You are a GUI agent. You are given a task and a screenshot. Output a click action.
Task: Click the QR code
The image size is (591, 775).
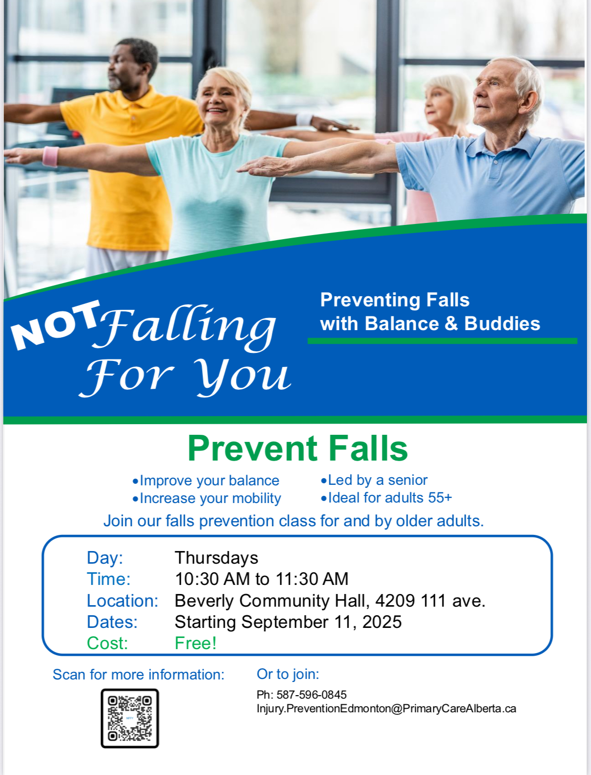(x=130, y=718)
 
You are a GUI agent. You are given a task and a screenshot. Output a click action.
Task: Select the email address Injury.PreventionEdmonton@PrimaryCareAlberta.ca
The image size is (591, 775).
(x=386, y=709)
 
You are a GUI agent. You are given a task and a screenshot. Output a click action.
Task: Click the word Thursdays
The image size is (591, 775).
(x=217, y=558)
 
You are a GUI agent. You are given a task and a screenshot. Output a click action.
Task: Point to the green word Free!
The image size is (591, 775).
(x=195, y=643)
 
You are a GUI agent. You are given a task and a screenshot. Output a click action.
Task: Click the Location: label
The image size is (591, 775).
(x=122, y=601)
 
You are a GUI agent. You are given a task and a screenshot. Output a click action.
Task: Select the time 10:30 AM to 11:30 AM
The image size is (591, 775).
(x=262, y=579)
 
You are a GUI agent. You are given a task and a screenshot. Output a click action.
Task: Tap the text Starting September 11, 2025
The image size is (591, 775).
(x=288, y=622)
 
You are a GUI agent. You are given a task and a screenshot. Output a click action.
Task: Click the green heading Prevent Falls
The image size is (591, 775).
(x=298, y=448)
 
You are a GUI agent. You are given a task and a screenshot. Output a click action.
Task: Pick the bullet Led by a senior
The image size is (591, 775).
(x=374, y=480)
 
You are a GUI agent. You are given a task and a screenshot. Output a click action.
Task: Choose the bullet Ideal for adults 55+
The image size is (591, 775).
(x=386, y=498)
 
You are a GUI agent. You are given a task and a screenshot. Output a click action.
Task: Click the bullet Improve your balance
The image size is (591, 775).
(x=206, y=481)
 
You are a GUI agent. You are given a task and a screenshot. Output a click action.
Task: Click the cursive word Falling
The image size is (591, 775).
(x=185, y=329)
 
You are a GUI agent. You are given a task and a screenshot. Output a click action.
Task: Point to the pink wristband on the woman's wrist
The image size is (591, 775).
(x=51, y=156)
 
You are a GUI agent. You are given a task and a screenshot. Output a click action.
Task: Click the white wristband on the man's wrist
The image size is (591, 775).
(x=304, y=119)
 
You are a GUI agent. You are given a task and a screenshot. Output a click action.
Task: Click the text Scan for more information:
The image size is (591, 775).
(x=138, y=674)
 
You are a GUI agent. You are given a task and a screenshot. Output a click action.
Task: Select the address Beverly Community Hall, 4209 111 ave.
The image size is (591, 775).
(x=330, y=601)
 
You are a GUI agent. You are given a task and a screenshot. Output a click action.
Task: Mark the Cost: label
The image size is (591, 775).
(x=107, y=643)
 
